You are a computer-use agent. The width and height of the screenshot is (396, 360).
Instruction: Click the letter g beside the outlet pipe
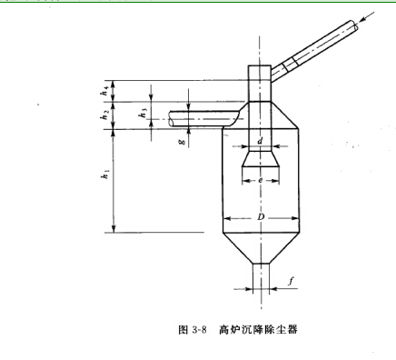pyautogui.click(x=181, y=142)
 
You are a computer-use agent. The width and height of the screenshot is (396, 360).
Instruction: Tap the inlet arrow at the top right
pyautogui.click(x=371, y=18)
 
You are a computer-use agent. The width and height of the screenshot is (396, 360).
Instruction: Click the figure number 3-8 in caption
pyautogui.click(x=198, y=329)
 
